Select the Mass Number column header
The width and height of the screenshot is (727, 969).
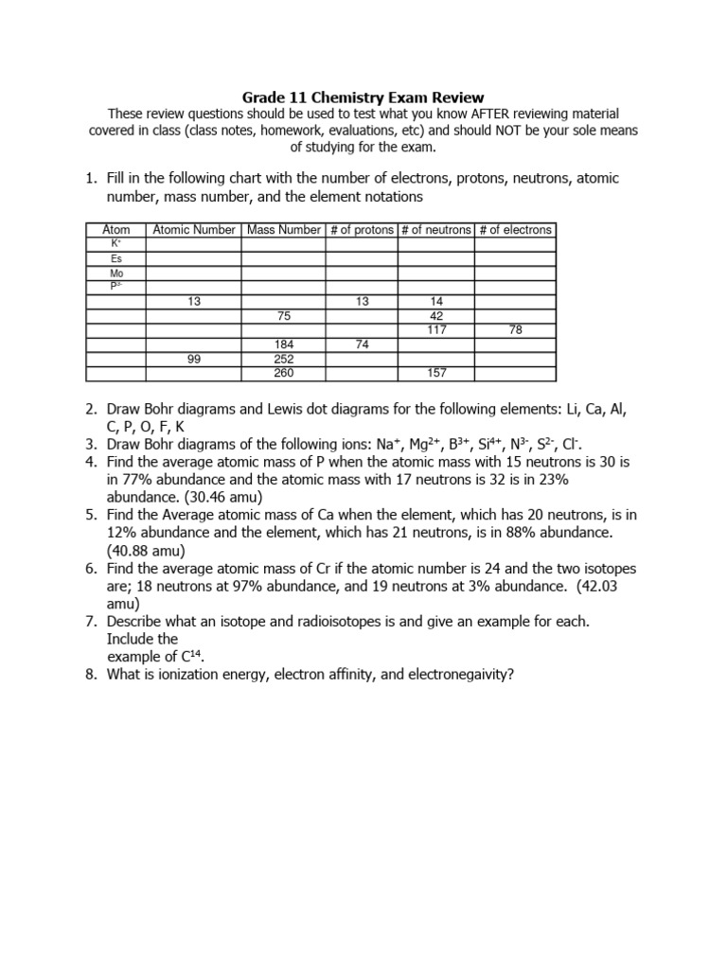pos(283,229)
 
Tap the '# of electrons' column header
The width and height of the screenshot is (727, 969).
pos(515,229)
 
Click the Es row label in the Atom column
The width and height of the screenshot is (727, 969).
pos(115,258)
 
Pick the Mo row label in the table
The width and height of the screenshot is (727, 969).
pos(115,273)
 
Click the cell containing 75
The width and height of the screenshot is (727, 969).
pos(283,316)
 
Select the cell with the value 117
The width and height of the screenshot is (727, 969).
pos(436,330)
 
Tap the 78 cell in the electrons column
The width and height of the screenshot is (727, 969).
pos(515,330)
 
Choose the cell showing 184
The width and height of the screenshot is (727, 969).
pos(283,344)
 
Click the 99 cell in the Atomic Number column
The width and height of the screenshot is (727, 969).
pos(193,359)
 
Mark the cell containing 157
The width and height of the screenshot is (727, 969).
pos(436,373)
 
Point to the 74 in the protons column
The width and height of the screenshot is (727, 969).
pos(362,344)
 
